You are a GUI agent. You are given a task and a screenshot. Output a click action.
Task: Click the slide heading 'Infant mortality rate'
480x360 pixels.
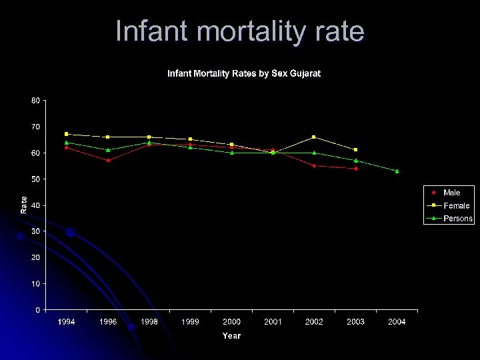pos(240,31)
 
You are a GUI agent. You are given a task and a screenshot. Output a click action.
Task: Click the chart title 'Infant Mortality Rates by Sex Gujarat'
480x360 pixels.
pos(243,73)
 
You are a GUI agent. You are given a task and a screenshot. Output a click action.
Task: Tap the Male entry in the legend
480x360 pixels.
pos(451,193)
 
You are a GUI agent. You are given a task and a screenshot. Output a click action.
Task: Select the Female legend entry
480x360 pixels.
pos(456,205)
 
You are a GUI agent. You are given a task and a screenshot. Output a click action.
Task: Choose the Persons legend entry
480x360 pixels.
pos(457,218)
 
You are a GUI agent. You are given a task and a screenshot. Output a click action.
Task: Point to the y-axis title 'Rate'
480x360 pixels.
pos(25,205)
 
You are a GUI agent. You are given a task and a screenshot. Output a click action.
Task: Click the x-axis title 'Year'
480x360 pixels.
pos(231,336)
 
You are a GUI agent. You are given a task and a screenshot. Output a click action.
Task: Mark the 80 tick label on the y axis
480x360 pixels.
pos(35,100)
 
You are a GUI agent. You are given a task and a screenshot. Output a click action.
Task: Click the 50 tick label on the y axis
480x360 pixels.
pos(35,179)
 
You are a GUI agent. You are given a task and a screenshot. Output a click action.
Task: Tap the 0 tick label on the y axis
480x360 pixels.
pos(37,309)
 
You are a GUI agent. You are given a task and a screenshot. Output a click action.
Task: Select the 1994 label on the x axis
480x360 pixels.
pos(66,322)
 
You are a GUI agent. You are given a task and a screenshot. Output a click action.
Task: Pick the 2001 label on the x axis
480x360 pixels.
pos(273,322)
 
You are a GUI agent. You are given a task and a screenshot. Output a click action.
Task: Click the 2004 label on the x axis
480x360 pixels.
pos(397,322)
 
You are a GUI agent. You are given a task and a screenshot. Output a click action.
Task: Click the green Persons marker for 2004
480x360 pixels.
pos(397,171)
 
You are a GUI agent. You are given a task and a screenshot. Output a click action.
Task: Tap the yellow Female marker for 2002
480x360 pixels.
pos(314,137)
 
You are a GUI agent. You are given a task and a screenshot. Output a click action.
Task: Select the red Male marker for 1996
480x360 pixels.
pos(108,161)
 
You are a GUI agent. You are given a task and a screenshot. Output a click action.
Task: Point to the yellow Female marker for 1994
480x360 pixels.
pos(67,134)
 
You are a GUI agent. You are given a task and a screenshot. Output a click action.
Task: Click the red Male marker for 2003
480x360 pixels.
pos(356,169)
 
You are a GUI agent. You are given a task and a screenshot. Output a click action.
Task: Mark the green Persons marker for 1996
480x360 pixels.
pos(108,150)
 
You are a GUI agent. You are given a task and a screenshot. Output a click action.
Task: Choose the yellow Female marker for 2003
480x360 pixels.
pos(355,150)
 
